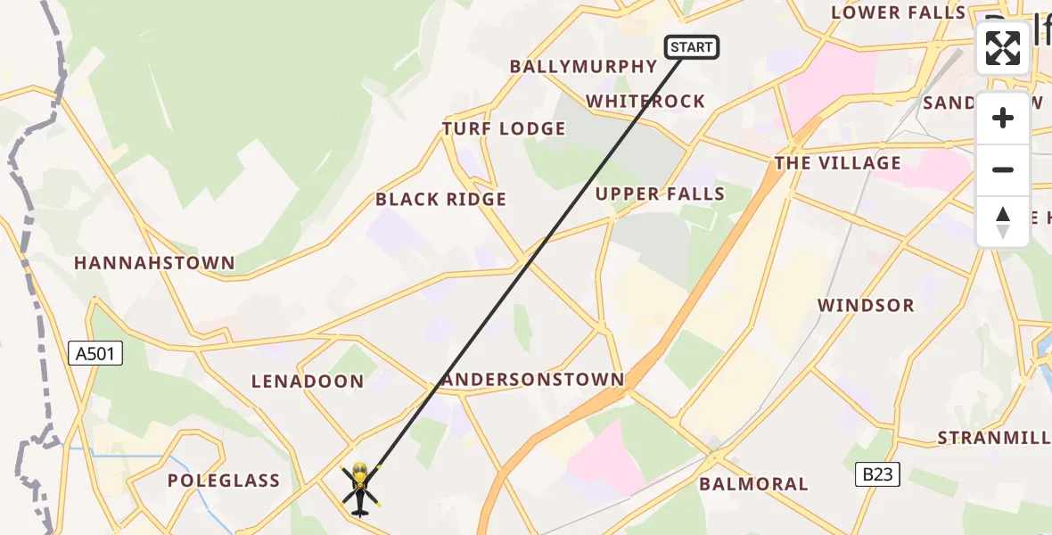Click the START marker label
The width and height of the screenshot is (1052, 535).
pos(692,47)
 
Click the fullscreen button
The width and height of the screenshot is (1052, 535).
pos(1003,48)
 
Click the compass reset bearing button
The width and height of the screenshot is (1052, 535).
pos(1003,222)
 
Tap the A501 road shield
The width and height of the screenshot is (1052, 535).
pos(95,354)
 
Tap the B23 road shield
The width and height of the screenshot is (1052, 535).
pos(878,475)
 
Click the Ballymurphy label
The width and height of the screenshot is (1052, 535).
pos(583,67)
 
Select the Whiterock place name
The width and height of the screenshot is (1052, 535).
pos(645,102)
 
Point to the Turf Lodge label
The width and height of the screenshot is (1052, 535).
pos(504,129)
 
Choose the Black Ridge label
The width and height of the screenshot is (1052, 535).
pos(440,200)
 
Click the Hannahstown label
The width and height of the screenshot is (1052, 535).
pos(154,263)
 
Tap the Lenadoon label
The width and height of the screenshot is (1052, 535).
pos(308,382)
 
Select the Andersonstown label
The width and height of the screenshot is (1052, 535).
pos(533,380)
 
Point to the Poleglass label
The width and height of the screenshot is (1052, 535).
pos(224,481)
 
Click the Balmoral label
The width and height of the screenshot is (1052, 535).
pos(753,484)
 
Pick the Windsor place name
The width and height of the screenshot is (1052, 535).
pos(867,306)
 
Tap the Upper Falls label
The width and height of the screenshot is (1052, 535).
pos(660,194)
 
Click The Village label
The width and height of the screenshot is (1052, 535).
pos(838,163)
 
